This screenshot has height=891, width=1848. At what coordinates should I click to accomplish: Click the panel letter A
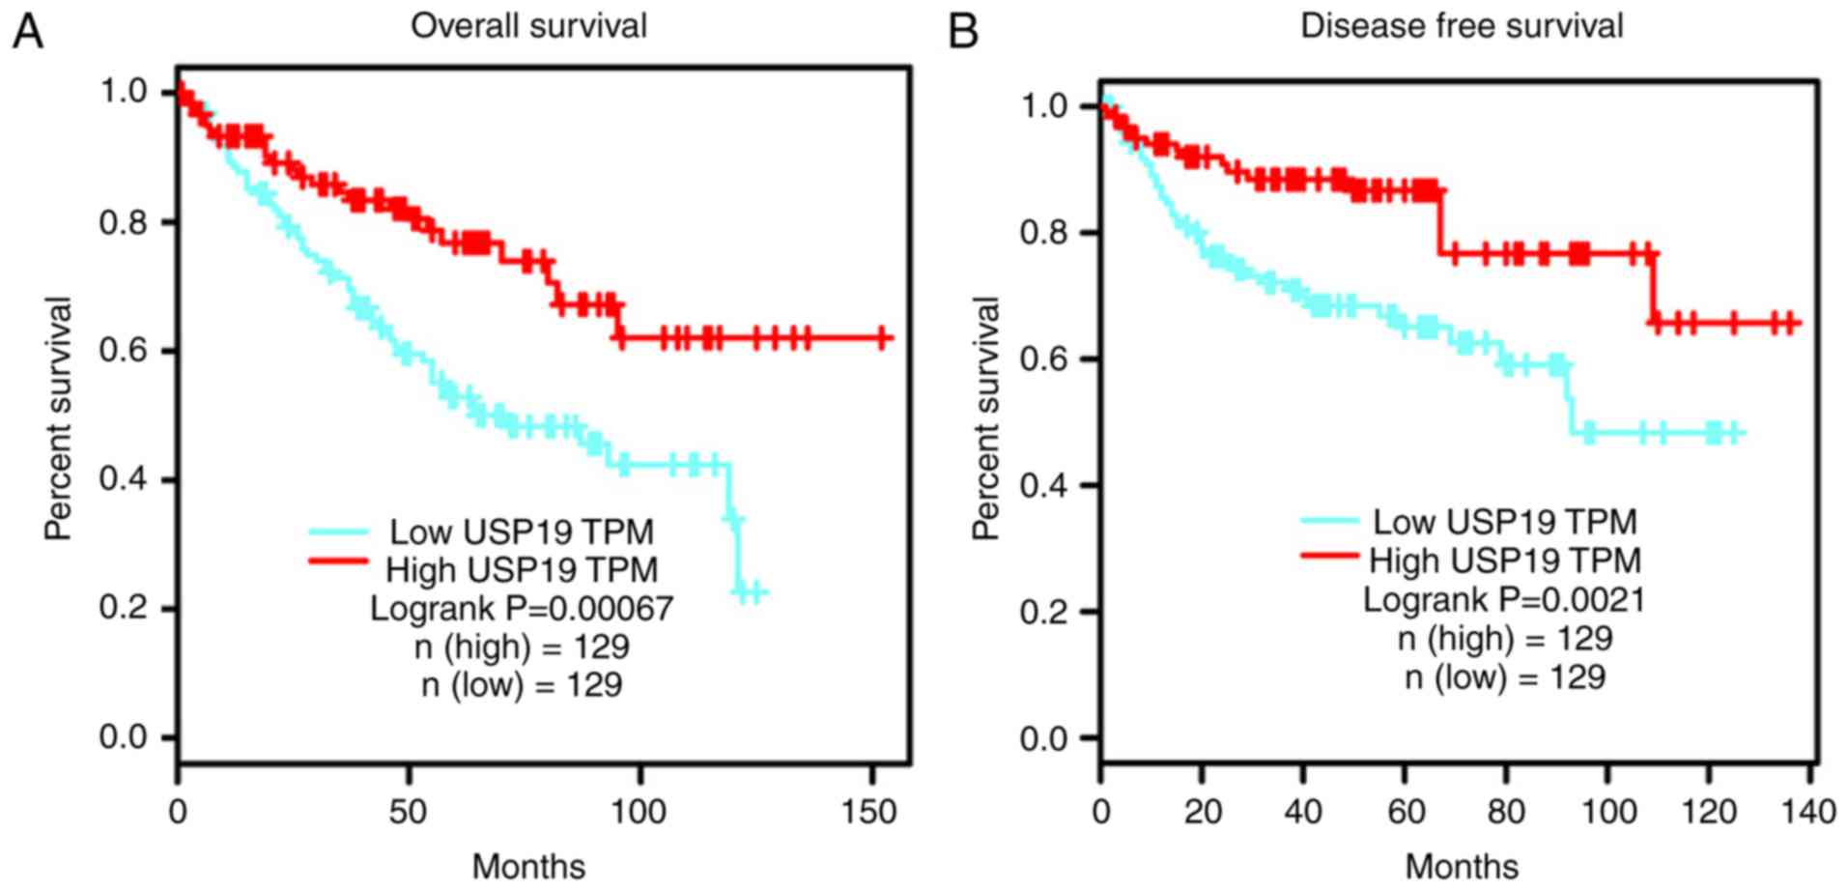pyautogui.click(x=27, y=33)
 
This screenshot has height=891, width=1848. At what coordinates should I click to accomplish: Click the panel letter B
pyautogui.click(x=963, y=33)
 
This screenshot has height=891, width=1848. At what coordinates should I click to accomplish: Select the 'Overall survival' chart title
pyautogui.click(x=528, y=26)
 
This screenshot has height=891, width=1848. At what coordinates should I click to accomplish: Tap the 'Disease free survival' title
pyautogui.click(x=1461, y=26)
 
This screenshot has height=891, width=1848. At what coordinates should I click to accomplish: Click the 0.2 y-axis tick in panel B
pyautogui.click(x=1045, y=612)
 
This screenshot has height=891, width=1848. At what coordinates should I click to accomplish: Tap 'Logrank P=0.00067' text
pyautogui.click(x=522, y=609)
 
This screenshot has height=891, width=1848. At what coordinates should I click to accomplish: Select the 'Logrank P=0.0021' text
pyautogui.click(x=1503, y=600)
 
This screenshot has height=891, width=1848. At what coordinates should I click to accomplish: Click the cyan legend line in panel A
pyautogui.click(x=338, y=532)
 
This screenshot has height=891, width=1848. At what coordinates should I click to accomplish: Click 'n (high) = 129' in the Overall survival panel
pyautogui.click(x=522, y=647)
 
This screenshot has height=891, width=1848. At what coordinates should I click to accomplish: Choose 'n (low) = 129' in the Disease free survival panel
pyautogui.click(x=1504, y=676)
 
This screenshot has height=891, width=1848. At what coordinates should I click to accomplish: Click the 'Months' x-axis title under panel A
pyautogui.click(x=528, y=866)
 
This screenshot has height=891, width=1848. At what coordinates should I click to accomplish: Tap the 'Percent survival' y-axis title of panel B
pyautogui.click(x=985, y=417)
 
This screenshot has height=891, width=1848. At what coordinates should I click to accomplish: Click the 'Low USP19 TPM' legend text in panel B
pyautogui.click(x=1504, y=523)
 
